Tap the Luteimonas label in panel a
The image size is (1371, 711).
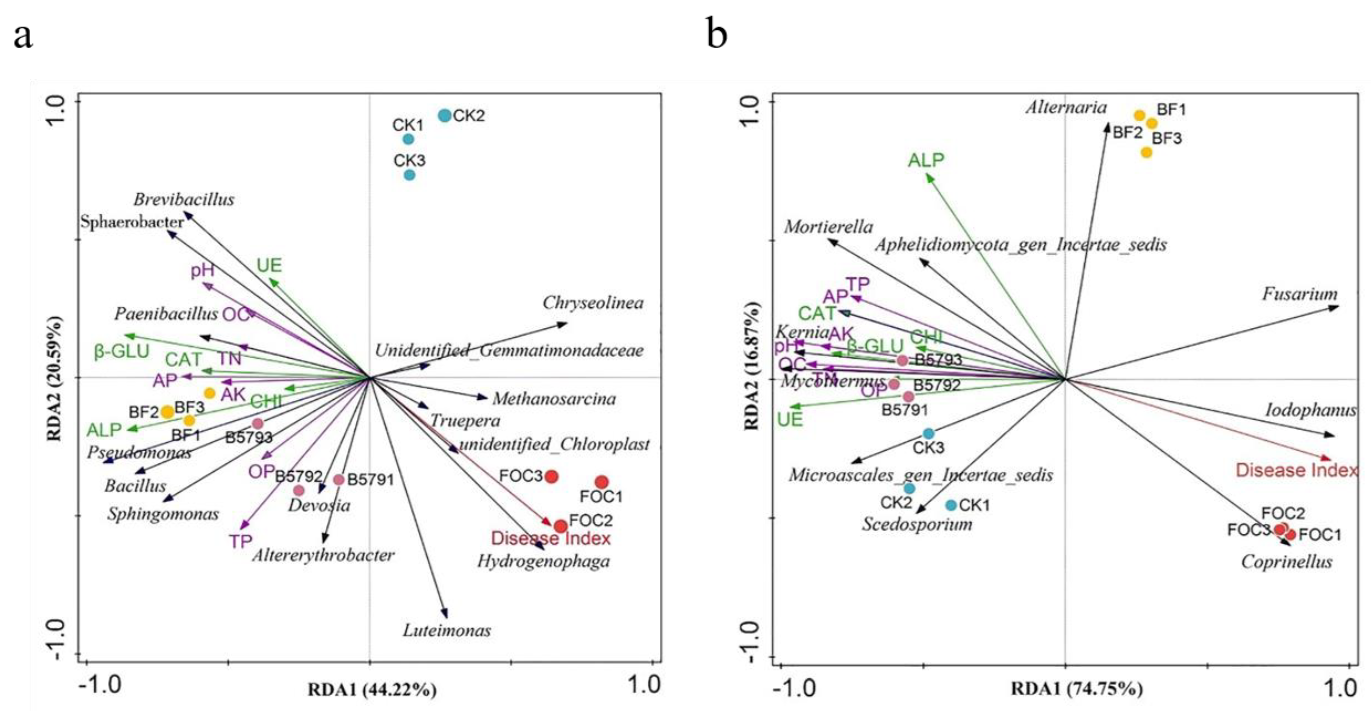[x=447, y=631]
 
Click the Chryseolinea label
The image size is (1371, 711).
[x=593, y=303]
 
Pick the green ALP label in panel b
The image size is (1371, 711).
[x=926, y=160]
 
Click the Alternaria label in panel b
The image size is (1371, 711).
[x=1066, y=108]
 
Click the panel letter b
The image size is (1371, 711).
[x=717, y=34]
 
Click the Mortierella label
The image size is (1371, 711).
[x=828, y=227]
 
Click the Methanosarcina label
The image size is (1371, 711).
[x=554, y=399]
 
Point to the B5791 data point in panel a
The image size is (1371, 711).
[x=338, y=479]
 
